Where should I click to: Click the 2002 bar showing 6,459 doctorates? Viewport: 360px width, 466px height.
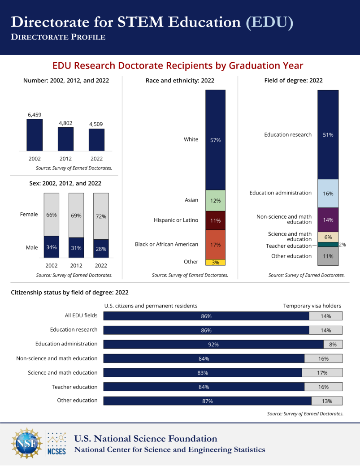point(35,135)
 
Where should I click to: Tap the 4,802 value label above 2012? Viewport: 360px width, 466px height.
point(65,123)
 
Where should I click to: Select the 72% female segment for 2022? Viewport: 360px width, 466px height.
point(101,216)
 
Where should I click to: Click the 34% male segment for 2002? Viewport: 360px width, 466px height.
point(51,247)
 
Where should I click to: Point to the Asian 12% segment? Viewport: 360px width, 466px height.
point(215,200)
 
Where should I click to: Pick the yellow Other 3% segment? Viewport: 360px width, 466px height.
point(215,262)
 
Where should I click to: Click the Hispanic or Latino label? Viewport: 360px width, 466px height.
point(176,220)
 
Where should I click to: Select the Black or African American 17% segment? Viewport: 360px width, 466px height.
point(215,244)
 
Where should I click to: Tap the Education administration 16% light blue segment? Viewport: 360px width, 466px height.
point(328,193)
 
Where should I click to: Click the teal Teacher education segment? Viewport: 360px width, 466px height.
point(328,245)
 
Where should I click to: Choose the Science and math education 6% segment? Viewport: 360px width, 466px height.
point(328,237)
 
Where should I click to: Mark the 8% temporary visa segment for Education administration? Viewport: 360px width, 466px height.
point(333,344)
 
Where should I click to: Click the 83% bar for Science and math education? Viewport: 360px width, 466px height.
point(202,373)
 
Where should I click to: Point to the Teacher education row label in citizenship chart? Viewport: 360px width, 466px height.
point(74,387)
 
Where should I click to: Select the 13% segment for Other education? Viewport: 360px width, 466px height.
point(327,401)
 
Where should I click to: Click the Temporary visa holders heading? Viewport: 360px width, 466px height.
point(312,306)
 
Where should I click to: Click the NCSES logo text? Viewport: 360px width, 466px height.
point(56,450)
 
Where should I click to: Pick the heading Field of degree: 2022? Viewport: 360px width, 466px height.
point(294,81)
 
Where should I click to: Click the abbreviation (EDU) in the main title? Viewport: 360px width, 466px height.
point(269,22)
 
